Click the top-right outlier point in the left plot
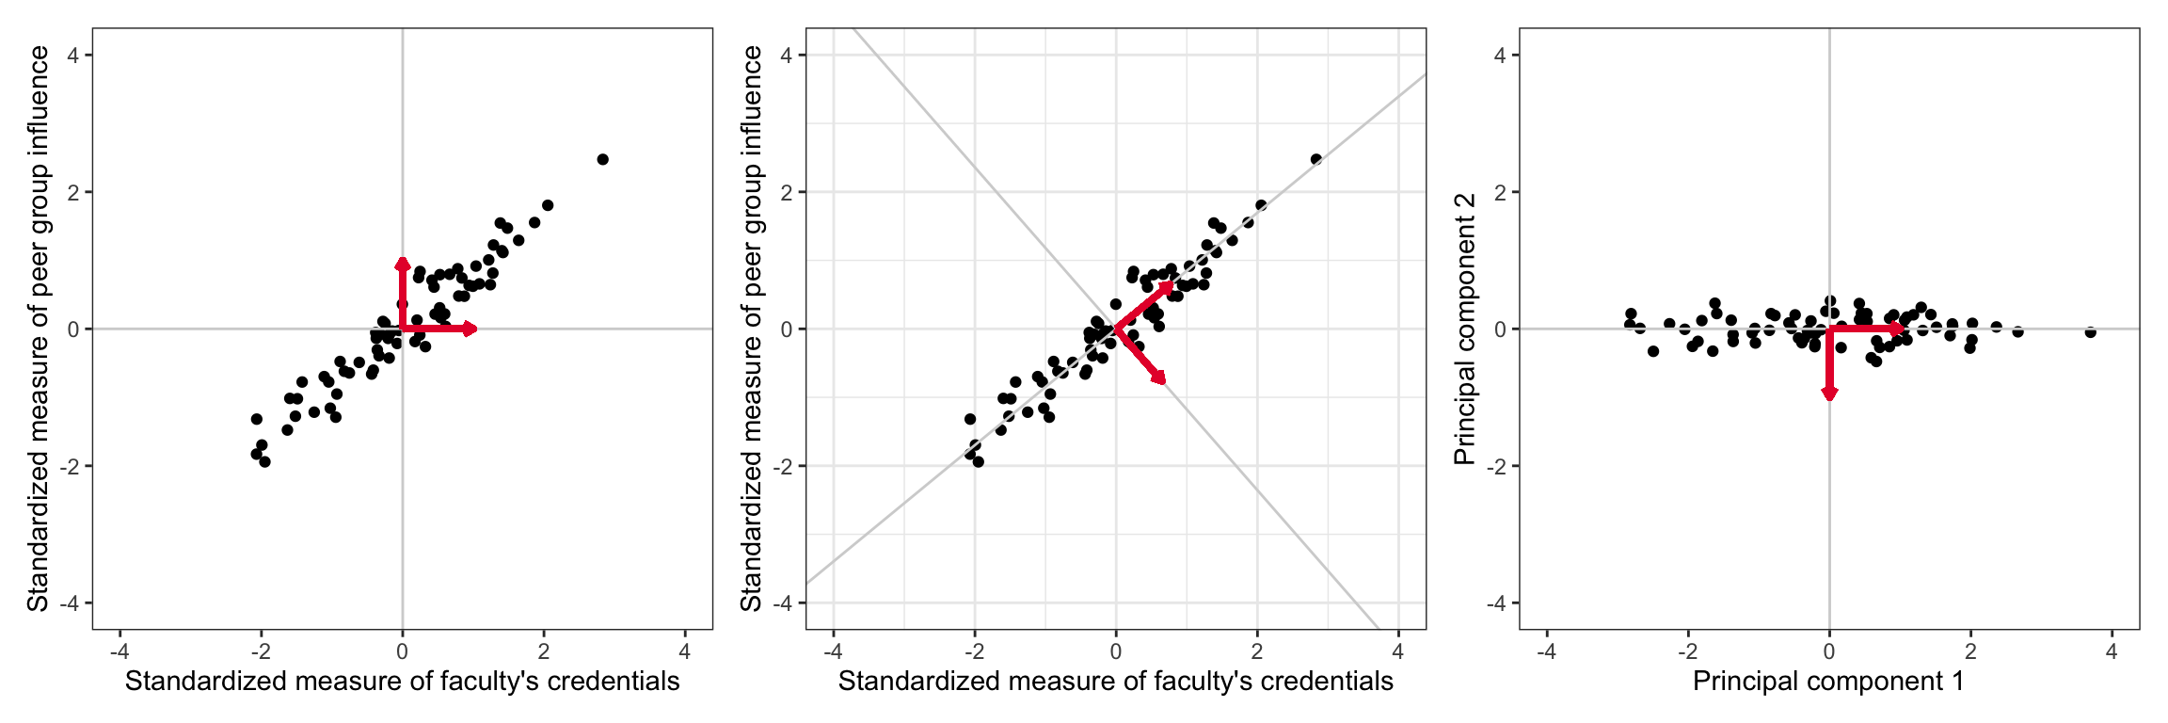(x=602, y=159)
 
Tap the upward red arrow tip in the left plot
(x=402, y=261)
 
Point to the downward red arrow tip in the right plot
(x=1828, y=395)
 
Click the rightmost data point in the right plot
(x=2090, y=332)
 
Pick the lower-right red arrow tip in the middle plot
(x=1162, y=380)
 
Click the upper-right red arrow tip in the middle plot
(x=1170, y=284)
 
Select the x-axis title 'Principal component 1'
(x=1828, y=681)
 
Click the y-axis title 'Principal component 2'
(x=1463, y=329)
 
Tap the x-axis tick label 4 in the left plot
(x=684, y=651)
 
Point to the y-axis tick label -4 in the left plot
(x=70, y=602)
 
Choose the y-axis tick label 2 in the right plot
(x=1500, y=192)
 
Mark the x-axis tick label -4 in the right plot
(x=1545, y=651)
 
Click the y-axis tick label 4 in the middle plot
(x=787, y=55)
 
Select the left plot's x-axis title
(x=402, y=681)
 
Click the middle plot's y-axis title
(x=750, y=329)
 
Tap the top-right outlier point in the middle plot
(x=1315, y=159)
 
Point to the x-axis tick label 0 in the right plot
(x=1828, y=651)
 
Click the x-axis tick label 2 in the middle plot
(x=1256, y=651)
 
